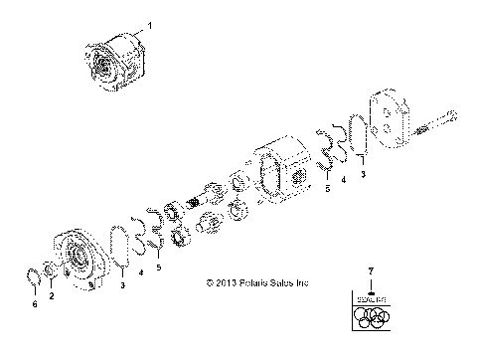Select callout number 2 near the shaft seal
52,296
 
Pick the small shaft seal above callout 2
52,270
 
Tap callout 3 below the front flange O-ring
122,312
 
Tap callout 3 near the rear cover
363,174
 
